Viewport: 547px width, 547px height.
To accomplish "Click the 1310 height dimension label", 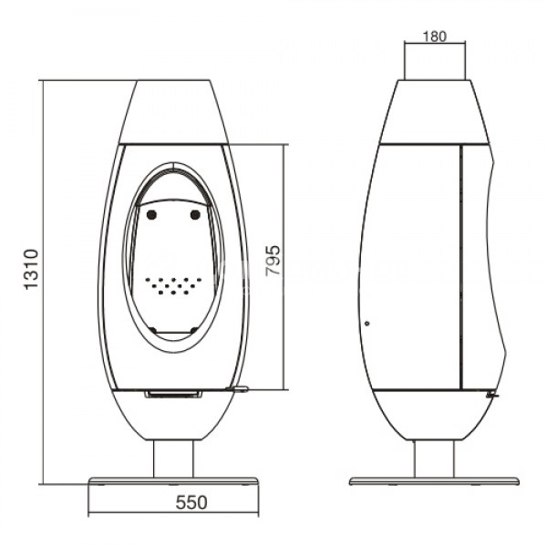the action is (x=31, y=269).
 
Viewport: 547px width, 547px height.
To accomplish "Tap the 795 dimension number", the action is (x=273, y=261).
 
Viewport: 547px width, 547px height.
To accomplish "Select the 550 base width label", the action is (x=191, y=502).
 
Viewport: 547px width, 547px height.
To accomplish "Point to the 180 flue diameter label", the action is (x=434, y=36).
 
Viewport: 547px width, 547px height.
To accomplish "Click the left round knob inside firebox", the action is (x=151, y=215).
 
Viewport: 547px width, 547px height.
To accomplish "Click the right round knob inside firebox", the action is (x=195, y=215).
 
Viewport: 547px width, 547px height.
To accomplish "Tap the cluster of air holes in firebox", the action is (x=173, y=285).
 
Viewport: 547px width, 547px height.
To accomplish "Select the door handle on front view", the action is (x=237, y=388).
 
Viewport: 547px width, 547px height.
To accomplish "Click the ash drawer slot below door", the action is (x=173, y=394).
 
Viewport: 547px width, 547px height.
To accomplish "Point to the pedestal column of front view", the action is (x=173, y=459).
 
